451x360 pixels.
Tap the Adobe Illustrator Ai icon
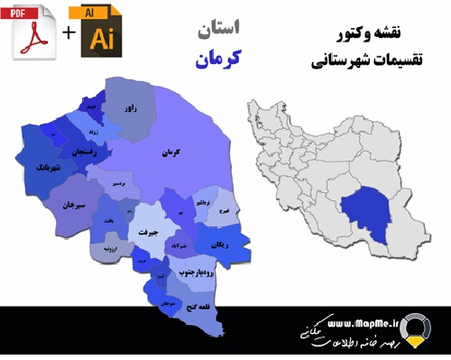point(99,33)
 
